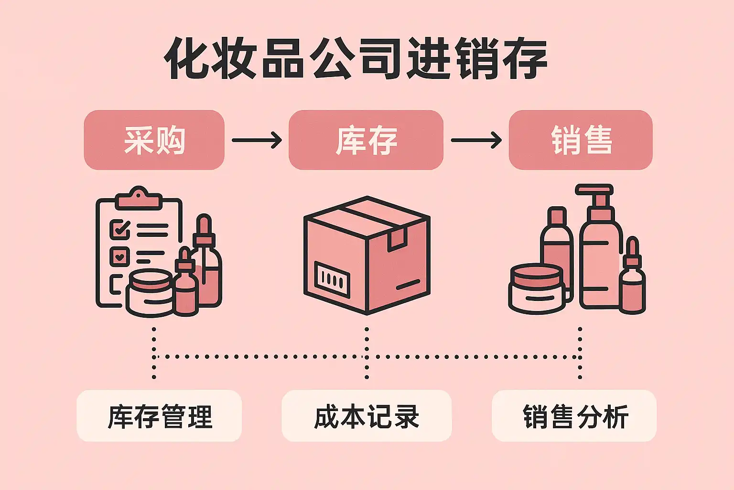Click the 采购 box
[154, 140]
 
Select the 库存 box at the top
[366, 140]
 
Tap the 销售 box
[580, 140]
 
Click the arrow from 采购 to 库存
[257, 140]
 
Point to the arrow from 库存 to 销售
[476, 140]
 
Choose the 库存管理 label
[159, 416]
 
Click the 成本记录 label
[367, 416]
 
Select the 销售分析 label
[574, 416]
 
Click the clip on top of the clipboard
[139, 198]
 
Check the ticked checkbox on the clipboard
[119, 229]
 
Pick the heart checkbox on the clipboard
[119, 256]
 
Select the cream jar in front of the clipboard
[150, 293]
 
